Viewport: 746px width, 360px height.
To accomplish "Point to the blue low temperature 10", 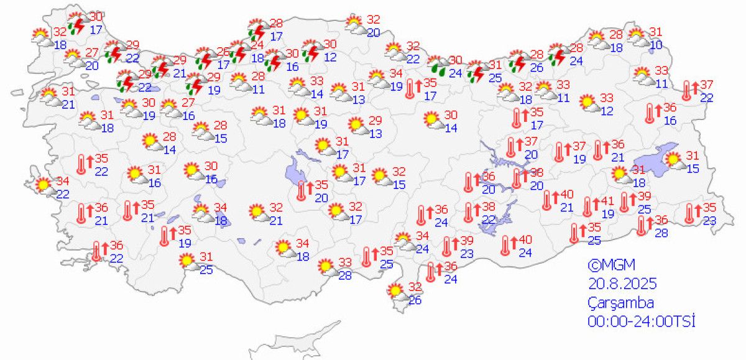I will click(x=656, y=44).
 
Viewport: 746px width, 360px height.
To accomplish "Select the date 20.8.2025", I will click(x=622, y=284).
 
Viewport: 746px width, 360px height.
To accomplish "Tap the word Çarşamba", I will click(x=620, y=303).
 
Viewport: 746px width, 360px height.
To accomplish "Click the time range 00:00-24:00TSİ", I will click(x=641, y=321).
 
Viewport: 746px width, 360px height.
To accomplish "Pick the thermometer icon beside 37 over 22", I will click(x=686, y=90).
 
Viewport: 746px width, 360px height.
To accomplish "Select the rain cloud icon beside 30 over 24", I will click(x=438, y=65).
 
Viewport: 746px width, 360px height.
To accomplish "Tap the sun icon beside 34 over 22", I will click(x=43, y=185).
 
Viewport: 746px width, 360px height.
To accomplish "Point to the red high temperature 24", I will click(x=257, y=45).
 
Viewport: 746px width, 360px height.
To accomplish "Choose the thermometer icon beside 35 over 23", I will click(x=689, y=213).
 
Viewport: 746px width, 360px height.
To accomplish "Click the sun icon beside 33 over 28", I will click(x=326, y=267).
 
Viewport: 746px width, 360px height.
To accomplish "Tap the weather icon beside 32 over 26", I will click(x=395, y=290).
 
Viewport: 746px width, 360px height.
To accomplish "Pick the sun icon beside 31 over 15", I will click(x=674, y=160).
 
